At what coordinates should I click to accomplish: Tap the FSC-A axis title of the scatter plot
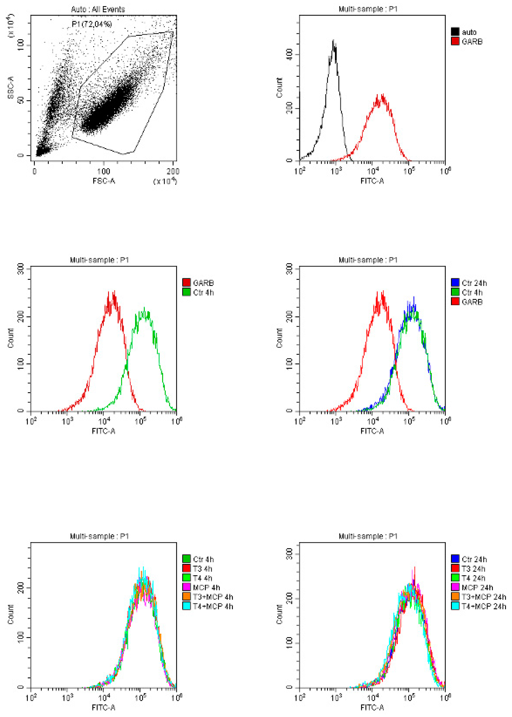coord(104,181)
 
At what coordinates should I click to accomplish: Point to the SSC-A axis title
coord(11,87)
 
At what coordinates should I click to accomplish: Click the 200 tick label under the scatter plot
coord(173,172)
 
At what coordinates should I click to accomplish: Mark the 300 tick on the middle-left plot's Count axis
coord(21,269)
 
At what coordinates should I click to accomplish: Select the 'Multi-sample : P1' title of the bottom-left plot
coord(99,536)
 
